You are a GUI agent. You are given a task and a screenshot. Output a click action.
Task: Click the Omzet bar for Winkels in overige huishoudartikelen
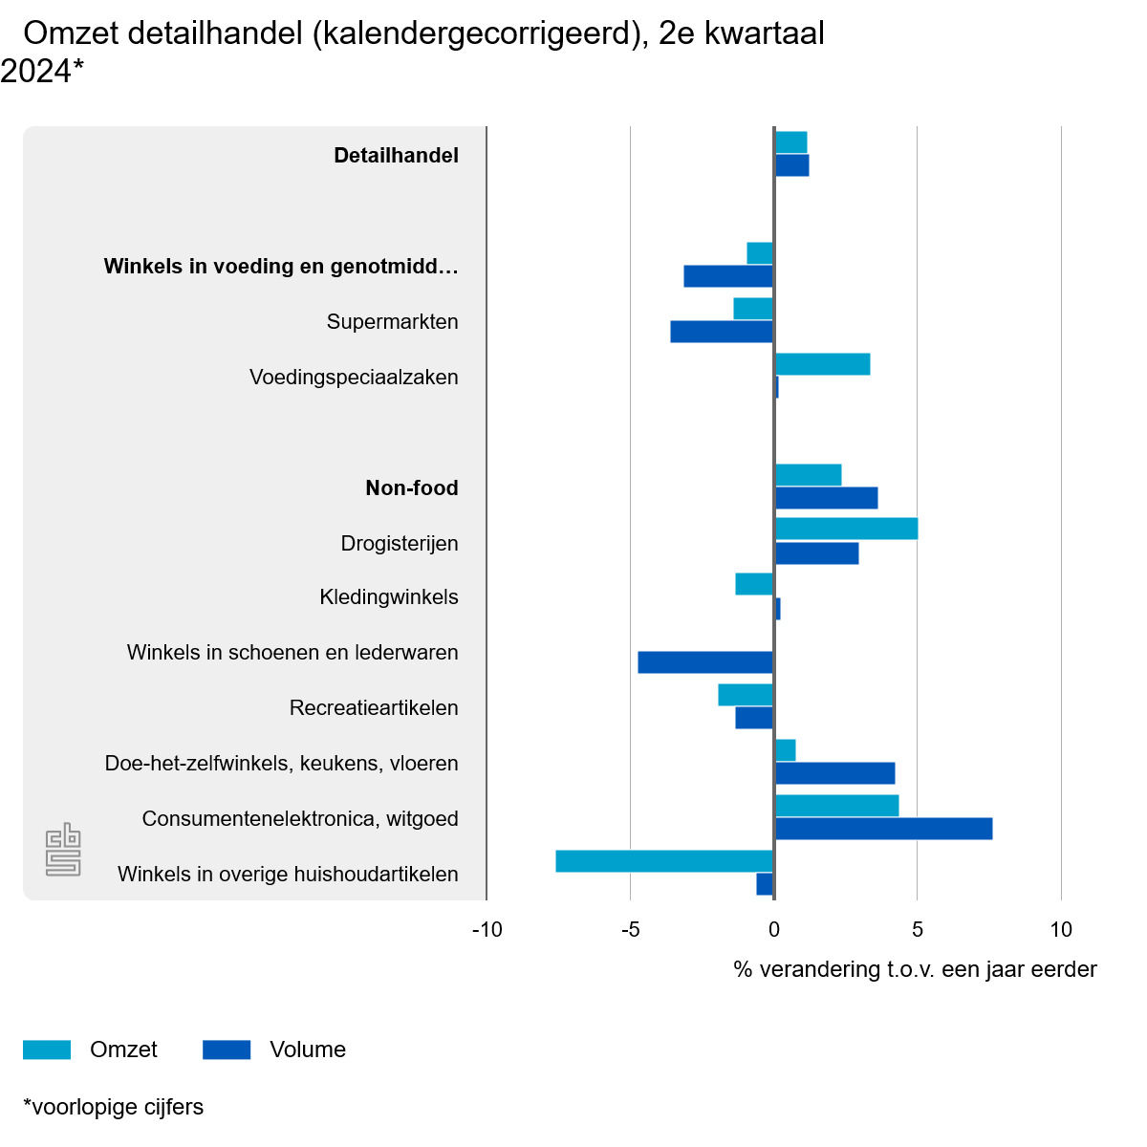(x=664, y=861)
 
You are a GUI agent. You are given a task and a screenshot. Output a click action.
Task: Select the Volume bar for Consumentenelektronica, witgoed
(x=883, y=829)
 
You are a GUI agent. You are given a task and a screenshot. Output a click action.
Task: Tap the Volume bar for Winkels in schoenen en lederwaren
(x=705, y=662)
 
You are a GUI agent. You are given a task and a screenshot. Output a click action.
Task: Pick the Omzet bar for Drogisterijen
(x=846, y=529)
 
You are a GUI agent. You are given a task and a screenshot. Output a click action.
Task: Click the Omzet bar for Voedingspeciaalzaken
(x=822, y=364)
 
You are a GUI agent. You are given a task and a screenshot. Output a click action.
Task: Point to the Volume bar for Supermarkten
(x=722, y=332)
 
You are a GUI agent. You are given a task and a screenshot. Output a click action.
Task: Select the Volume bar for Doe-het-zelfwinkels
(x=834, y=773)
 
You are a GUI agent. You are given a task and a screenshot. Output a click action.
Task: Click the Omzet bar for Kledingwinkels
(x=754, y=584)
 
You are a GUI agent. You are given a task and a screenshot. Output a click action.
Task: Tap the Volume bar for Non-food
(x=826, y=498)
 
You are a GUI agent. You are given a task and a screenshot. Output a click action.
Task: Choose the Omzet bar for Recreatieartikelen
(x=746, y=695)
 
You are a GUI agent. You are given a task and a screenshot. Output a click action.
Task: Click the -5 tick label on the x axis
(x=630, y=929)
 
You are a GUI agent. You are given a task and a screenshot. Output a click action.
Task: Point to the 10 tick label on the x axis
(x=1061, y=929)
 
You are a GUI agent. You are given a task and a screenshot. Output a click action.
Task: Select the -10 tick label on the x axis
(x=487, y=929)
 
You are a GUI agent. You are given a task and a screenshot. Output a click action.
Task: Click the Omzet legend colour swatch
(x=47, y=1050)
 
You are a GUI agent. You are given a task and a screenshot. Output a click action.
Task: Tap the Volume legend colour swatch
(x=227, y=1050)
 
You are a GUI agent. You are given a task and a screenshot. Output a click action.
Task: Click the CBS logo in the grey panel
(x=63, y=849)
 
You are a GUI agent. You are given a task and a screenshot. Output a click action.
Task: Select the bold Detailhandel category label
(x=396, y=156)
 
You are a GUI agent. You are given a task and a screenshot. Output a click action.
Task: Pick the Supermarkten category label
(x=392, y=322)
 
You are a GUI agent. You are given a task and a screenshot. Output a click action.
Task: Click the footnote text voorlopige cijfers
(x=114, y=1107)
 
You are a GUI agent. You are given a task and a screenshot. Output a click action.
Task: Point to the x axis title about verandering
(x=915, y=969)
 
